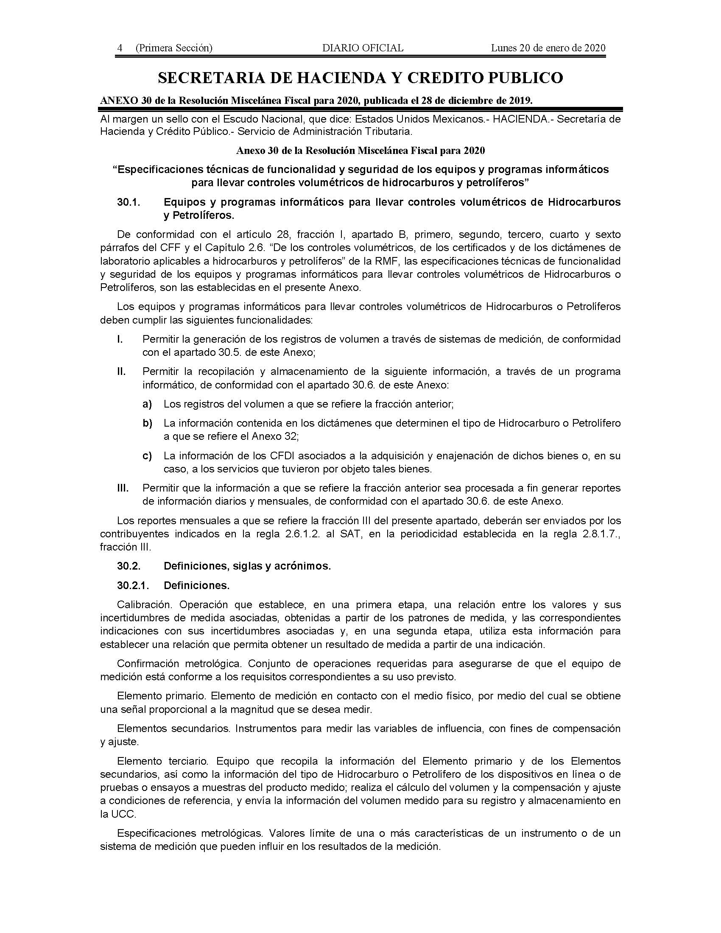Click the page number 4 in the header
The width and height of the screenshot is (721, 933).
click(x=120, y=48)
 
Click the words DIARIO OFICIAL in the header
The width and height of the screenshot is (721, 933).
click(x=363, y=48)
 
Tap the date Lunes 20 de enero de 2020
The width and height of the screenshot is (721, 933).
click(x=548, y=48)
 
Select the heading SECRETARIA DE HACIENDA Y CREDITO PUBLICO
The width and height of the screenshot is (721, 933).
click(x=360, y=77)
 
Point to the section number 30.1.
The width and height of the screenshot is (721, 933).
click(x=129, y=202)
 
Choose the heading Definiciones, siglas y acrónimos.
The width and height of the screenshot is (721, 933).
click(x=247, y=566)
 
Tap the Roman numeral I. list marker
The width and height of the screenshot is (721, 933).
click(x=120, y=339)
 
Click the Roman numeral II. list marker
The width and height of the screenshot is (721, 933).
click(x=122, y=372)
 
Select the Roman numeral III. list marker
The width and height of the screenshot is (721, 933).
click(x=123, y=488)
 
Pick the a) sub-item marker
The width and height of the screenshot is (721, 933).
click(x=147, y=404)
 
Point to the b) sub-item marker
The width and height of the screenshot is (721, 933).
click(x=147, y=423)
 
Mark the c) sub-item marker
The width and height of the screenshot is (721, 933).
click(x=147, y=456)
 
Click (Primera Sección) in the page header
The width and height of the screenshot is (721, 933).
click(x=174, y=48)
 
